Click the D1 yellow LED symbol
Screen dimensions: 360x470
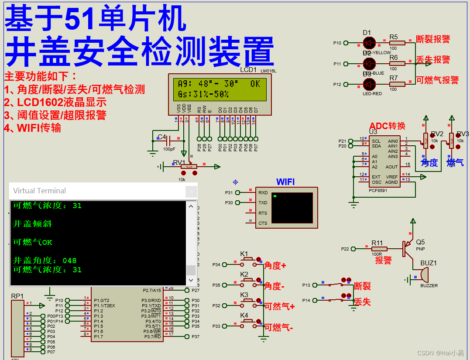click(x=369, y=43)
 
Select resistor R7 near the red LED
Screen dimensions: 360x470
click(x=397, y=84)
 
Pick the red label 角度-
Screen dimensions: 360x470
click(x=274, y=286)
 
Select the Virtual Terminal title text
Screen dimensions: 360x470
click(x=39, y=191)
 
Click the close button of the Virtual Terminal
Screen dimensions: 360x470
click(x=191, y=191)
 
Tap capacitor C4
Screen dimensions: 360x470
click(x=168, y=141)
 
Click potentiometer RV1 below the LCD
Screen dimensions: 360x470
click(x=189, y=166)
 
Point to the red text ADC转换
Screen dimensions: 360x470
click(x=388, y=126)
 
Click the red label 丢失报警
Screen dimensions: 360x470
click(x=432, y=60)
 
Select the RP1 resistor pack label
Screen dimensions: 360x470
click(x=17, y=296)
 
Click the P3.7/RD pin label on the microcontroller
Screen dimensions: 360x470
click(x=152, y=336)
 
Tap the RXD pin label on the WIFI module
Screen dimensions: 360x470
click(x=263, y=192)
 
